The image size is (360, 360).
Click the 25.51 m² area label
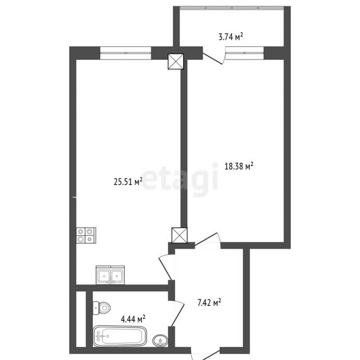(128, 182)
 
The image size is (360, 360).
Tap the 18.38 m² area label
(238, 166)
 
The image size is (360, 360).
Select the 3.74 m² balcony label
(231, 37)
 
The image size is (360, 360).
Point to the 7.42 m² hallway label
(209, 303)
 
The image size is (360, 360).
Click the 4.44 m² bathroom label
(133, 319)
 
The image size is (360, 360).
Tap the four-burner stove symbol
(86, 235)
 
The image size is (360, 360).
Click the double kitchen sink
(110, 275)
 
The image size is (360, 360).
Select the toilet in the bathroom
(102, 308)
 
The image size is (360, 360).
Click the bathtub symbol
(120, 336)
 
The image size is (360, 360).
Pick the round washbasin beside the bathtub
(160, 340)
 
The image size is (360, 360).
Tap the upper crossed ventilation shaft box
(176, 61)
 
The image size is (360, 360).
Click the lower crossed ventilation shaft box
(179, 235)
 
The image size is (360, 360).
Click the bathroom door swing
(178, 313)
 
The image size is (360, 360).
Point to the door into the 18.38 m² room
(208, 241)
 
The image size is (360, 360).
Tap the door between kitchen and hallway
(166, 267)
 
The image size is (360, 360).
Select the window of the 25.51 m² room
(125, 53)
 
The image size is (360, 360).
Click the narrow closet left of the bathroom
(81, 319)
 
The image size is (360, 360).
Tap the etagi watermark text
(179, 179)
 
